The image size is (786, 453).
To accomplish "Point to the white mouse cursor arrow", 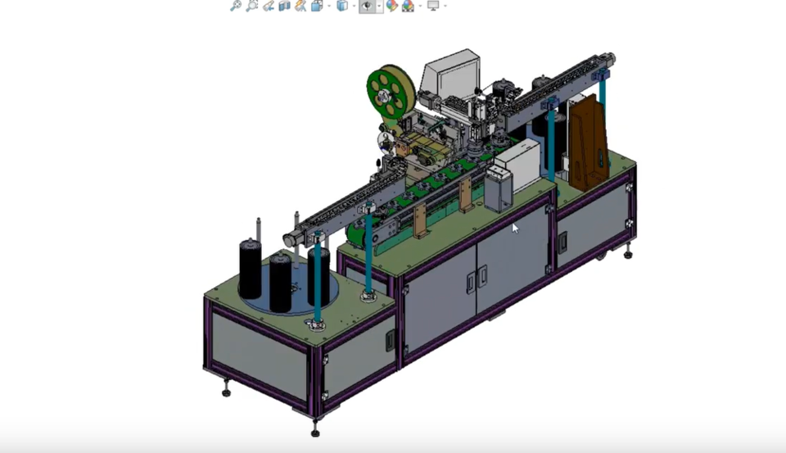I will pyautogui.click(x=515, y=228).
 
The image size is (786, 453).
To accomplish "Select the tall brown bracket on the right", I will pyautogui.click(x=588, y=141).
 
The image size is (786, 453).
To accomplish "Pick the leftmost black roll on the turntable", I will pyautogui.click(x=251, y=270).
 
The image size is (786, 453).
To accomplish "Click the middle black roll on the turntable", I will pyautogui.click(x=280, y=280).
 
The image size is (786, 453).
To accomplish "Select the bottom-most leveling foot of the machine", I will pyautogui.click(x=315, y=430).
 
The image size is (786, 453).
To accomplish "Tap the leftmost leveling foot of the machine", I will pyautogui.click(x=226, y=391).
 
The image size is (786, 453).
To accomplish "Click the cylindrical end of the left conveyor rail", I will pyautogui.click(x=289, y=239).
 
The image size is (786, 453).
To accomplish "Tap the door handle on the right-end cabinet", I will pyautogui.click(x=562, y=242).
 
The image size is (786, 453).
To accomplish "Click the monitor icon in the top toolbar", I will pyautogui.click(x=432, y=6).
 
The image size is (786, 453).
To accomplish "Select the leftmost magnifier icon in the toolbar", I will pyautogui.click(x=236, y=6).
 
